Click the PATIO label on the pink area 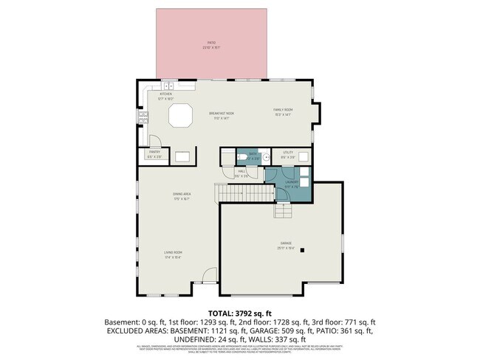point(211,46)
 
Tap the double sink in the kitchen point(168,86)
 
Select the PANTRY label point(154,156)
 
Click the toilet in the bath point(244,157)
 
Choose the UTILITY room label point(288,156)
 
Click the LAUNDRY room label point(292,183)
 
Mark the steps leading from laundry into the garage point(284,211)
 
